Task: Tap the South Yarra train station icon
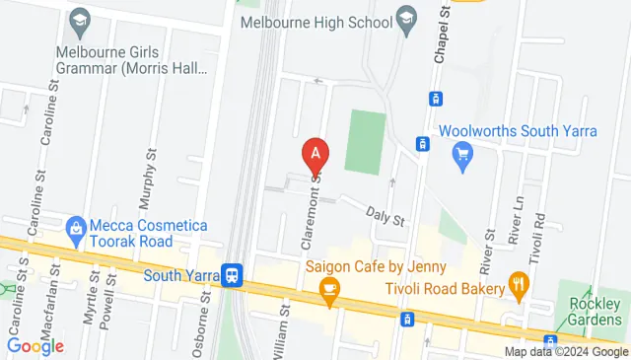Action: coord(233,275)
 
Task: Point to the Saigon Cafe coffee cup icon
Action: coord(329,289)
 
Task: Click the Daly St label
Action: coord(386,216)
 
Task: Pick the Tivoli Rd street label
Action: coord(539,226)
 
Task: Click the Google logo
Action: coord(35,346)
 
